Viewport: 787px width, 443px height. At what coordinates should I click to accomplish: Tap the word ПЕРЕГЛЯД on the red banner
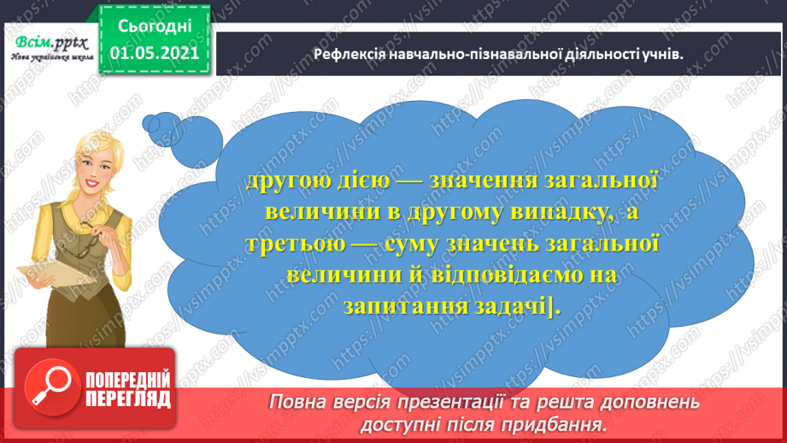127,399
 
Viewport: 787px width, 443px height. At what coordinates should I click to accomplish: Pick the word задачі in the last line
508,308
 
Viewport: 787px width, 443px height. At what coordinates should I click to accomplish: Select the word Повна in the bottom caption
297,403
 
